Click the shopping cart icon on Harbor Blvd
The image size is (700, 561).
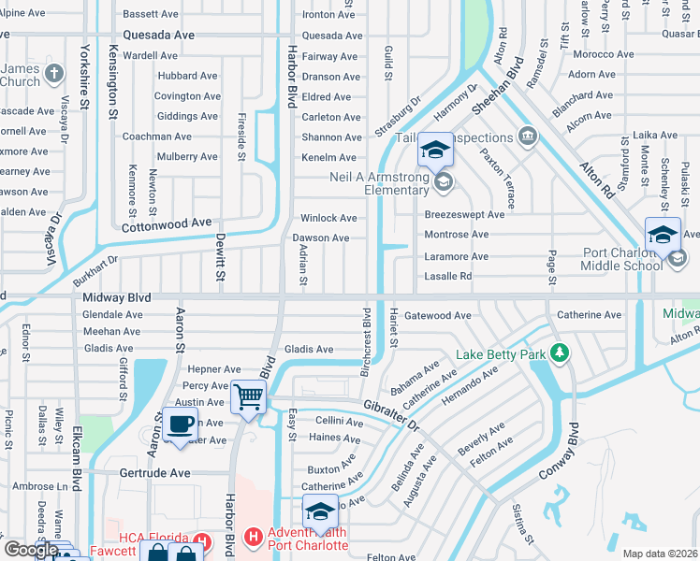[x=248, y=397]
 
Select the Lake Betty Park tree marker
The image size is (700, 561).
[x=560, y=353]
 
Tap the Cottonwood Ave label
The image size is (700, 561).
[x=168, y=223]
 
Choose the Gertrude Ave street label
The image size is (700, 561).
[x=154, y=473]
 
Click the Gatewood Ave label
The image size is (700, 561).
[x=437, y=316]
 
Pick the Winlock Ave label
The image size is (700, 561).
[x=328, y=218]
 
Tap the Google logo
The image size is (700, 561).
[x=31, y=550]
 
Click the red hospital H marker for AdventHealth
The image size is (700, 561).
[x=251, y=538]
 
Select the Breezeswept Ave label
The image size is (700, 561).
[x=464, y=214]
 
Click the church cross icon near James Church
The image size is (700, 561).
[x=55, y=73]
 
